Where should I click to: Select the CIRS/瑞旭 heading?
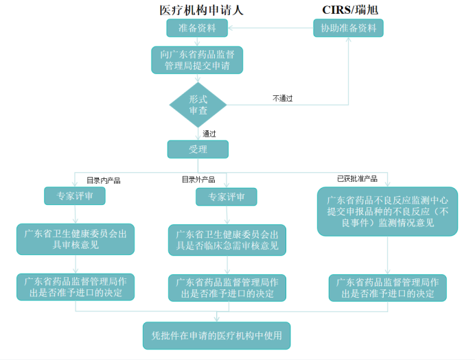350,10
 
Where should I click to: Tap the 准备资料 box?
197,28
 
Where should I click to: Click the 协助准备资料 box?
348,28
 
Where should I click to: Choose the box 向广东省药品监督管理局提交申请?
197,60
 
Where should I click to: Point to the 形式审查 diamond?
198,104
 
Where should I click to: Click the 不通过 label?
283,98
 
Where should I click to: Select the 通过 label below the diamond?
209,134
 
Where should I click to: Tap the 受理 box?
198,149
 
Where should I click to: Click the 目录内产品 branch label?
103,180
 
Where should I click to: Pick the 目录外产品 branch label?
198,180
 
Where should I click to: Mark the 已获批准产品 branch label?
357,178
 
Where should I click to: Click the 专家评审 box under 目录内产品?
75,196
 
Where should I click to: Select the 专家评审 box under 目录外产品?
226,197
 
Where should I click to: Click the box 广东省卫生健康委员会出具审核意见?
75,239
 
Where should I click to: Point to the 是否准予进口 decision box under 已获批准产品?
387,288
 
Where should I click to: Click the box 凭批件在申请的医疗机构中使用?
216,335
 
